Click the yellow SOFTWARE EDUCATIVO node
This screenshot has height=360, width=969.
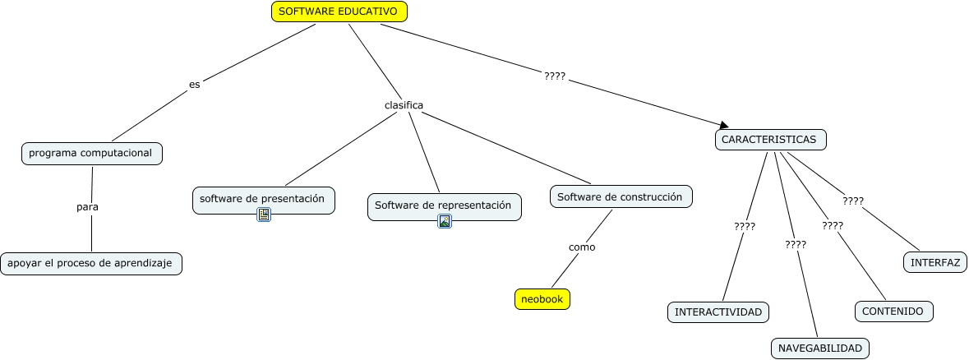tap(339, 12)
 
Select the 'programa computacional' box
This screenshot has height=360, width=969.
tap(91, 154)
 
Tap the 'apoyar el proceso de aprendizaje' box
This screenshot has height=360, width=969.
tap(90, 264)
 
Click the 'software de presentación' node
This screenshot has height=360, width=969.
tap(263, 199)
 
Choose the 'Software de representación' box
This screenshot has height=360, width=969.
tap(444, 205)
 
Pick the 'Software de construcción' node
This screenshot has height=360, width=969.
tap(621, 197)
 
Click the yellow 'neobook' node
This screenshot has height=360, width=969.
tap(542, 299)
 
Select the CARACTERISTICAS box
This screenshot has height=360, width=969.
tap(769, 140)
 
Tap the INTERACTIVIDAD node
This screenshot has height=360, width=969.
tap(718, 312)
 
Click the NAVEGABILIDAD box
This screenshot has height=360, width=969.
tap(819, 348)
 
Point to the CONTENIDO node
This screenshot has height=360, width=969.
tap(893, 312)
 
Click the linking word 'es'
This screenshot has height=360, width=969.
tap(195, 84)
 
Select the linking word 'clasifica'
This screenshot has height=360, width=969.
tap(404, 105)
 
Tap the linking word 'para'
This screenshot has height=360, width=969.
tap(87, 207)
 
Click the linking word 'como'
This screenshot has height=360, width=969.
tap(582, 247)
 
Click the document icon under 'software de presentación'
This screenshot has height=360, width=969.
tap(264, 215)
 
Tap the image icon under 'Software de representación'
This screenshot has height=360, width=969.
tap(445, 221)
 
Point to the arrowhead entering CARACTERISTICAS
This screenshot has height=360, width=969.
tap(724, 125)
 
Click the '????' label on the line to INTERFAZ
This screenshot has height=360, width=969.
tap(853, 201)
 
